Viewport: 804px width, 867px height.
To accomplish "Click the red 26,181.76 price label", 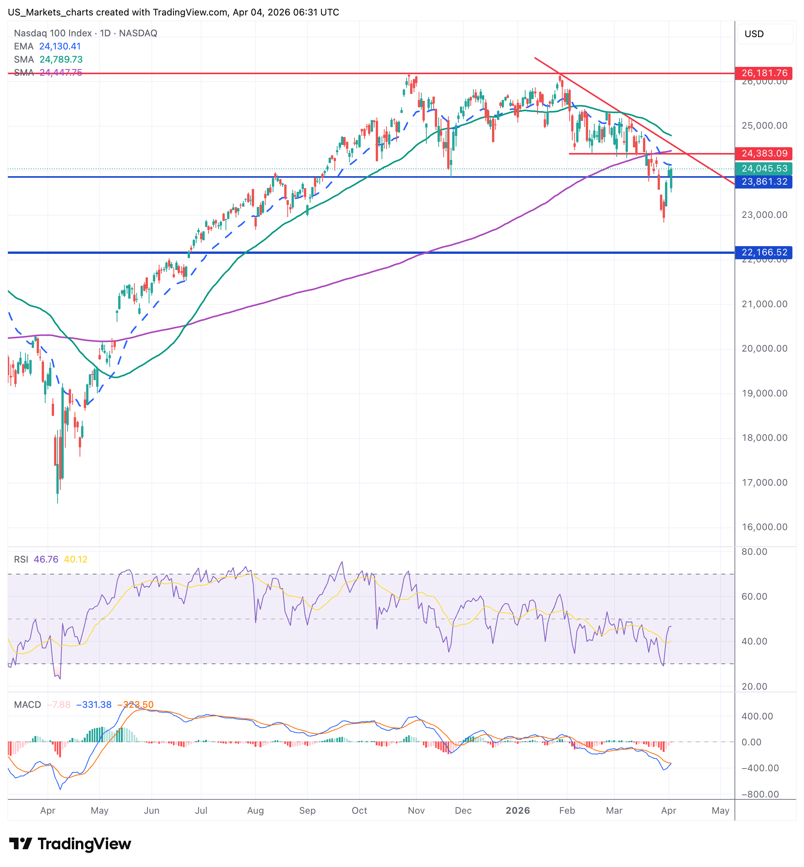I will pos(763,73).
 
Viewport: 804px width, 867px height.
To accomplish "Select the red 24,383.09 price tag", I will pos(763,153).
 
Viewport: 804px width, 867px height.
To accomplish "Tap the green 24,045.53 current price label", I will pos(763,168).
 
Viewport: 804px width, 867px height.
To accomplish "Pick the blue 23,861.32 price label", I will pos(763,182).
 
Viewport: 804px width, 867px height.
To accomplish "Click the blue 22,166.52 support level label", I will pos(763,252).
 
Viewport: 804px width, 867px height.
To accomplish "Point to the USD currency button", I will pos(764,34).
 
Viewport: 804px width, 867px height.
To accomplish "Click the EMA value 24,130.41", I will pos(60,46).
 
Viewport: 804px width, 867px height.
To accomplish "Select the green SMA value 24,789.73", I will pos(61,59).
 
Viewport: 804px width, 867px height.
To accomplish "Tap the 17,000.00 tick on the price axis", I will pos(764,482).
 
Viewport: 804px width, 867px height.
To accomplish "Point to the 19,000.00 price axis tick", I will pos(764,393).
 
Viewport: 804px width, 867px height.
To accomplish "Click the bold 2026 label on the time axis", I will pos(518,811).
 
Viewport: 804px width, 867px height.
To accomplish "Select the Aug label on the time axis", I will pos(255,811).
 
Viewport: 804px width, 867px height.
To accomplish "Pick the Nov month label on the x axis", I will pos(416,811).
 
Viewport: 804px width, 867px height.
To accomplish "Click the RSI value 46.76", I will pos(46,559).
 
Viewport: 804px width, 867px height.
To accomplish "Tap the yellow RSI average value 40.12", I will pos(76,559).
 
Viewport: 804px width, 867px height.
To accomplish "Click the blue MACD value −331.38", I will pos(93,705).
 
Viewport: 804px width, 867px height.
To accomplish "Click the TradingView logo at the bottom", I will pos(70,844).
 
